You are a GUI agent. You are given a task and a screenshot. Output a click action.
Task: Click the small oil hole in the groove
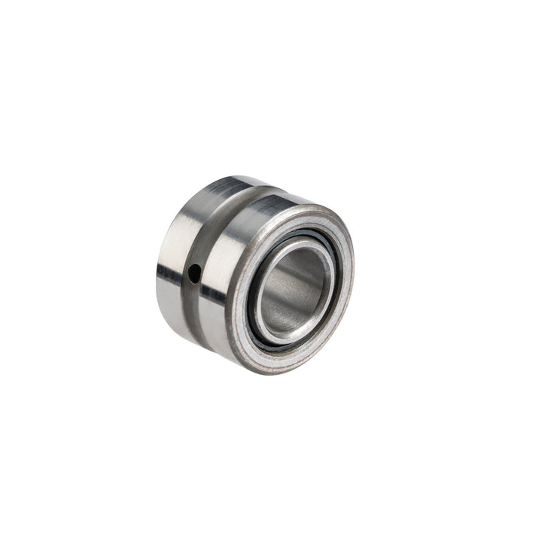tap(195, 273)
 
